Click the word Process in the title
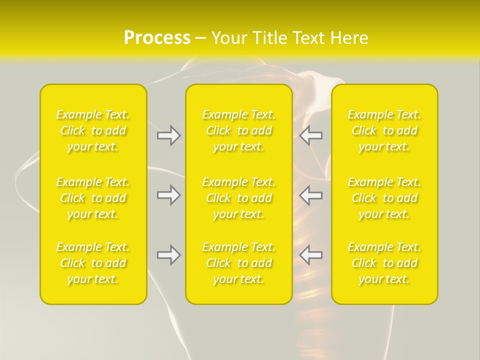point(157,38)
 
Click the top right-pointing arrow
point(169,135)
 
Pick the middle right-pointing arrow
point(169,195)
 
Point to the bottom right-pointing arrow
point(169,255)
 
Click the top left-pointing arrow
point(310,135)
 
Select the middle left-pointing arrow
point(310,195)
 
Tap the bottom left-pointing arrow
point(310,255)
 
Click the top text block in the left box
point(93,130)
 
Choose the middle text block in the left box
point(93,198)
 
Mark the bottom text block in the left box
point(93,263)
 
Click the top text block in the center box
point(239,130)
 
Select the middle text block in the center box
point(239,198)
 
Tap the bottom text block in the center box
point(239,263)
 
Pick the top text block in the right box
point(384,130)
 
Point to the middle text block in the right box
point(384,198)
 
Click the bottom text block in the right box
point(384,263)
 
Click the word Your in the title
point(229,38)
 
